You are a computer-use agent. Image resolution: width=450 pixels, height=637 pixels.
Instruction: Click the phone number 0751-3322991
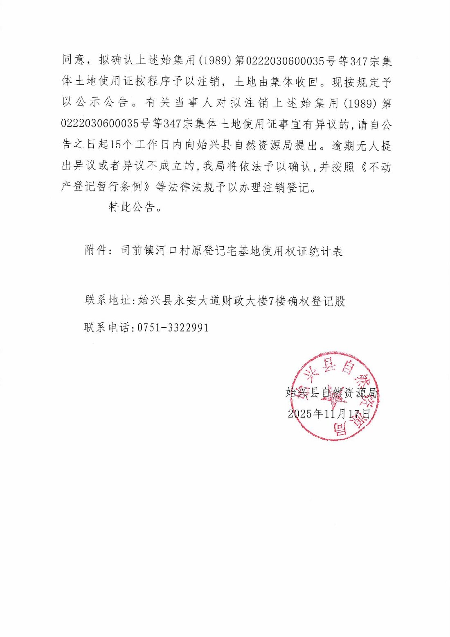click(x=173, y=328)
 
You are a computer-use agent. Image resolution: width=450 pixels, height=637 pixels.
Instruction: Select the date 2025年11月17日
click(x=329, y=414)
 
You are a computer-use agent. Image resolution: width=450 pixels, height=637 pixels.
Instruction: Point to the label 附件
click(x=96, y=251)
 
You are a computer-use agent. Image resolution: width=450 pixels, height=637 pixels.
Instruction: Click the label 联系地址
click(x=108, y=301)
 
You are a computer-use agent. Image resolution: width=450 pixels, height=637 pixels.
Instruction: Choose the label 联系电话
click(x=107, y=328)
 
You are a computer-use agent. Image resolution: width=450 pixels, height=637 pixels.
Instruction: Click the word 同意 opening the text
click(x=73, y=61)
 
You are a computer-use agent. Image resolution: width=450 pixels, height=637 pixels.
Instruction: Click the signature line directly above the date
click(x=331, y=392)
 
